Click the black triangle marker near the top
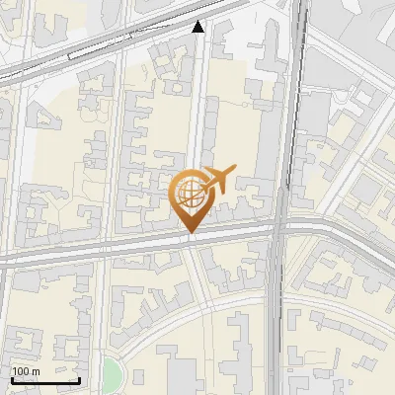click(x=198, y=27)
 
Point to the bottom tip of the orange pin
click(x=190, y=234)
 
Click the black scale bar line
click(x=45, y=380)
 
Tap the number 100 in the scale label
click(x=21, y=371)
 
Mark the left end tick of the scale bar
click(x=11, y=379)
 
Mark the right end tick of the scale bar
click(x=80, y=379)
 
